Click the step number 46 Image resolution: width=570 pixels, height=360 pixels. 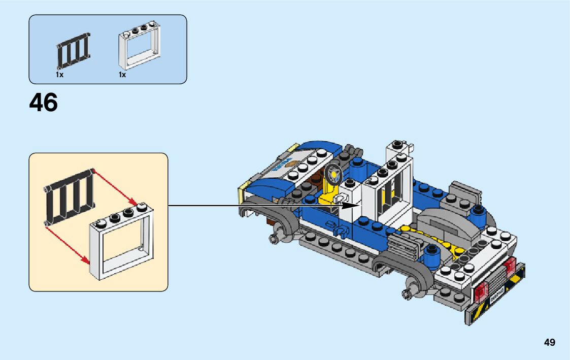pos(44,103)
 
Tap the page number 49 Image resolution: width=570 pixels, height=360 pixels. pos(549,343)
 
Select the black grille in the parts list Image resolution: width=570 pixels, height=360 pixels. pos(73,52)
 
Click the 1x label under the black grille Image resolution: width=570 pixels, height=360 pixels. pos(59,75)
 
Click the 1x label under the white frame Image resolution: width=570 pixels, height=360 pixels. pos(122,75)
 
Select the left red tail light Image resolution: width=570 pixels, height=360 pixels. pos(481,291)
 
